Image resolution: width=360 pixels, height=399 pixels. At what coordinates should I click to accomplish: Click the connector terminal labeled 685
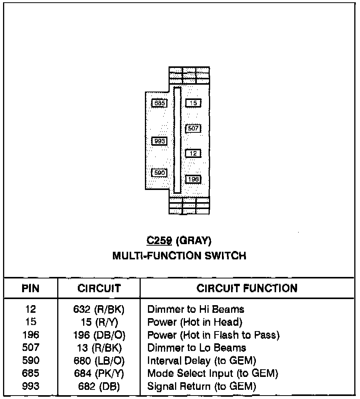pos(159,103)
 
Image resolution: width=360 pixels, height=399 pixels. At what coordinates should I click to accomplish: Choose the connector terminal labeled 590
pos(159,173)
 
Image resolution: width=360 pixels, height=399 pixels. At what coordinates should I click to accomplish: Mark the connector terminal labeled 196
pos(193,179)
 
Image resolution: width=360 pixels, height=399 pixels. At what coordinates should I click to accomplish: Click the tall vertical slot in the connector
pos(177,140)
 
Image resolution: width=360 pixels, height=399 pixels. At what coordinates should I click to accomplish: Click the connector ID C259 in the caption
pos(156,241)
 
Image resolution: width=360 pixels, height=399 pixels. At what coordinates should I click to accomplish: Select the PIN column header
pos(31,288)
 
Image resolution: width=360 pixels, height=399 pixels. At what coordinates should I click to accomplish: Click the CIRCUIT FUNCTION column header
pos(247,288)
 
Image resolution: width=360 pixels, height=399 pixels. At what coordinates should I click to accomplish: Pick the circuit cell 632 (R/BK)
pos(99,309)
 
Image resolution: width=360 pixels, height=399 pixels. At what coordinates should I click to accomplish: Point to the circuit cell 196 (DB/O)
pos(99,335)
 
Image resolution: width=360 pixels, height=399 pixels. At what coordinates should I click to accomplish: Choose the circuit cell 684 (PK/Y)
pos(99,373)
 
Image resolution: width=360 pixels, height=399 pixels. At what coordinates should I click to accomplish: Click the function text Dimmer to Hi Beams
pos(196,309)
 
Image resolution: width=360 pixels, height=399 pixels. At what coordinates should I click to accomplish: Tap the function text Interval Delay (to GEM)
pos(202,361)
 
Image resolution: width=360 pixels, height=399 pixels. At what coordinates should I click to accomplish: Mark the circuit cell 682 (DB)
pos(99,386)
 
